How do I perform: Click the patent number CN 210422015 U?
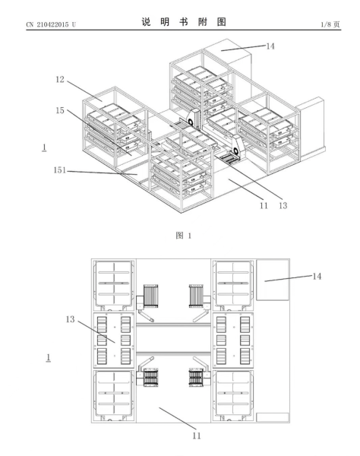(51, 24)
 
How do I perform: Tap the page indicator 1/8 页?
(330, 24)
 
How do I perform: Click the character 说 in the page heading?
(146, 22)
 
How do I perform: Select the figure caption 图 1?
(183, 236)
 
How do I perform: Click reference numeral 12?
(60, 79)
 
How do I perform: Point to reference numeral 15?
(60, 110)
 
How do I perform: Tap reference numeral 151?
(60, 170)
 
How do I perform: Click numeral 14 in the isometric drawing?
(270, 46)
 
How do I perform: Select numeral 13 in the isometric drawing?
(283, 206)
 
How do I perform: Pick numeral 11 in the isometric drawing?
(264, 206)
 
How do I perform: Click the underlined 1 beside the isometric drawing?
(44, 147)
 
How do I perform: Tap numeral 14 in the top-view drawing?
(317, 276)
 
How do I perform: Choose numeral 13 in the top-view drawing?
(71, 319)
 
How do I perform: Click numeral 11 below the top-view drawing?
(197, 435)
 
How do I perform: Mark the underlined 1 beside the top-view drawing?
(49, 358)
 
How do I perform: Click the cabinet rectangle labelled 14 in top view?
(273, 280)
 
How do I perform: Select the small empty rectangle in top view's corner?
(273, 417)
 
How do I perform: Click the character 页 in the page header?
(336, 24)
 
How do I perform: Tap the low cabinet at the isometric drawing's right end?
(311, 128)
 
